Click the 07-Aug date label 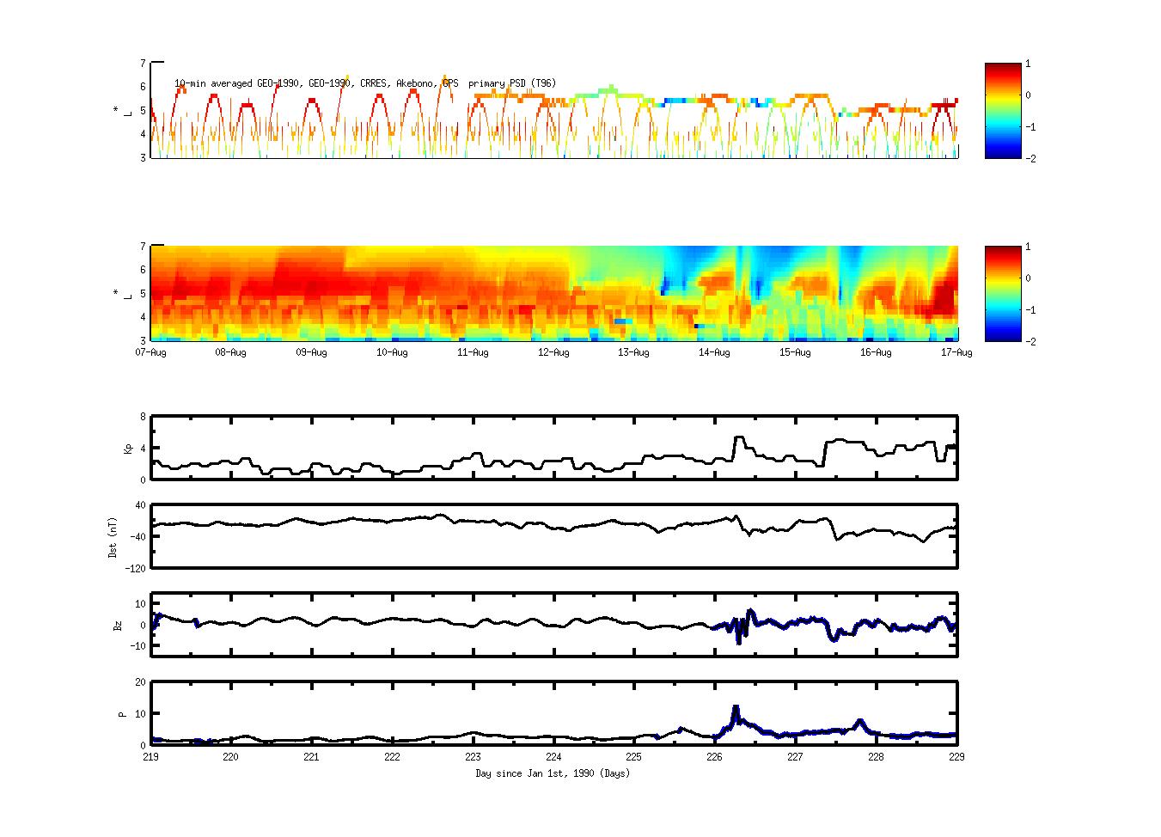[151, 352]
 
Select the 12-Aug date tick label [553, 352]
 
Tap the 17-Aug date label [956, 352]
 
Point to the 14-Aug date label [714, 352]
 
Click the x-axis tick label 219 [150, 757]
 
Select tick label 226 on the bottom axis [714, 757]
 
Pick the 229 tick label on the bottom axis [956, 757]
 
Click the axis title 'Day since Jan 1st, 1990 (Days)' [553, 773]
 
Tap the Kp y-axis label [128, 449]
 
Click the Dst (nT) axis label [113, 537]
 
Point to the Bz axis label [118, 626]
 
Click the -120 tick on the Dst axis [135, 568]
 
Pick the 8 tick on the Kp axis [143, 417]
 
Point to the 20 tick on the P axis [139, 682]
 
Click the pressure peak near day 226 [736, 707]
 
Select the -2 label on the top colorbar [1030, 159]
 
